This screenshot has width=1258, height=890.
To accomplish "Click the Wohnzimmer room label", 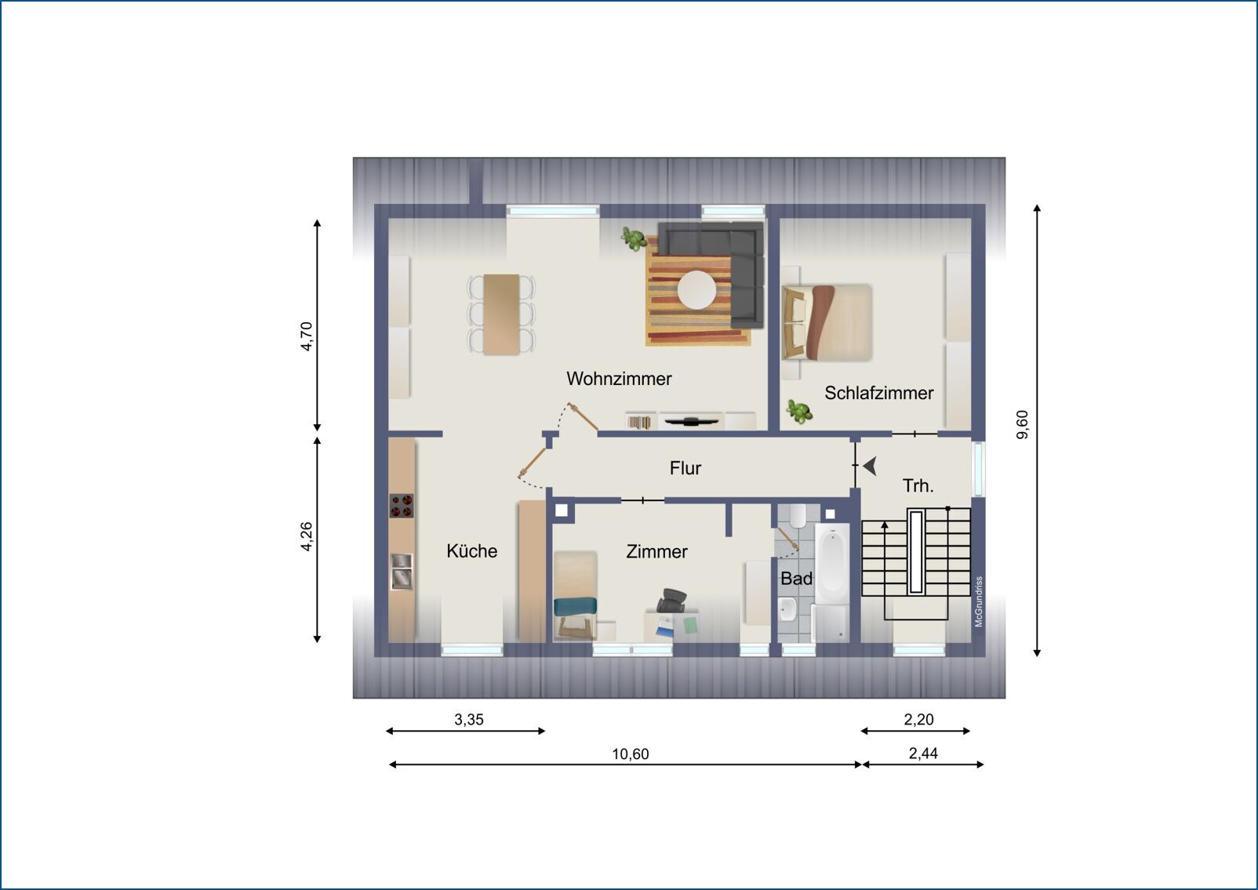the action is click(x=619, y=379).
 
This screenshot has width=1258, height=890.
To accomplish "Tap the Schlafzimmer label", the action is click(x=879, y=393).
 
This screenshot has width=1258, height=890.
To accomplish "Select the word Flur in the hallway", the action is click(x=685, y=468).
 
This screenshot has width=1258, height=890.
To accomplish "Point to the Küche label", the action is click(x=472, y=550).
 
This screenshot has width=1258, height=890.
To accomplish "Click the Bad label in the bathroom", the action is click(x=796, y=579).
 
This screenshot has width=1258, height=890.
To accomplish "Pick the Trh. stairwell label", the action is click(x=918, y=485).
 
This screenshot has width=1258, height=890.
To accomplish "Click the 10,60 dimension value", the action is click(x=630, y=754).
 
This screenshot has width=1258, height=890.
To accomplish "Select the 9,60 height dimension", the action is click(x=1023, y=424).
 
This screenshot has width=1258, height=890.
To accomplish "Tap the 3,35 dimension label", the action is click(x=469, y=720).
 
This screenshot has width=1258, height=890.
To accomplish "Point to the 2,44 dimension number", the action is click(x=923, y=754).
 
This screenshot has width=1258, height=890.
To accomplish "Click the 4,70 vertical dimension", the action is click(x=306, y=336).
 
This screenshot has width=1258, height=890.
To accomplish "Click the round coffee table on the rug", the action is click(x=697, y=290).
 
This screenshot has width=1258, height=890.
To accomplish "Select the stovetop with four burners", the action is click(x=402, y=505).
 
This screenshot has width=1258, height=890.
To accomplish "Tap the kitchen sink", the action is click(x=402, y=571).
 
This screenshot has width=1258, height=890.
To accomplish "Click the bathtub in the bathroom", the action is click(x=832, y=564).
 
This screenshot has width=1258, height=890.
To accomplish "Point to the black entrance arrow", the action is click(x=871, y=466).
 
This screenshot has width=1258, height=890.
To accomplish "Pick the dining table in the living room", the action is click(x=501, y=314).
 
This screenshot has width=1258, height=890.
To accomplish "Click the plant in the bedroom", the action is click(x=799, y=411).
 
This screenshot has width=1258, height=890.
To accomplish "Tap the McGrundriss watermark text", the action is click(x=979, y=601).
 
